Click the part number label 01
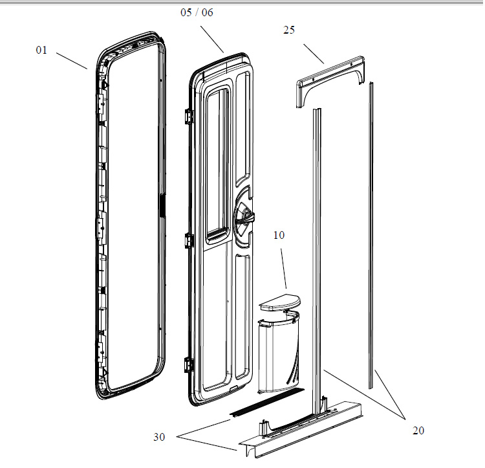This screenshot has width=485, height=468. [x=41, y=50]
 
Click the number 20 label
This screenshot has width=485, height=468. [x=418, y=430]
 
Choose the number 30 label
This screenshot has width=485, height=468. [x=159, y=437]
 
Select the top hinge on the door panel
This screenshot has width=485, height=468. [x=188, y=116]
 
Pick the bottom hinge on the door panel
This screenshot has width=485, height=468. [x=188, y=364]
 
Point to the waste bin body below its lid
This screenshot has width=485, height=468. [x=278, y=353]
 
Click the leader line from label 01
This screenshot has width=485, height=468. [x=71, y=60]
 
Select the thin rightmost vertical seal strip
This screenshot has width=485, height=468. [x=371, y=233]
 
